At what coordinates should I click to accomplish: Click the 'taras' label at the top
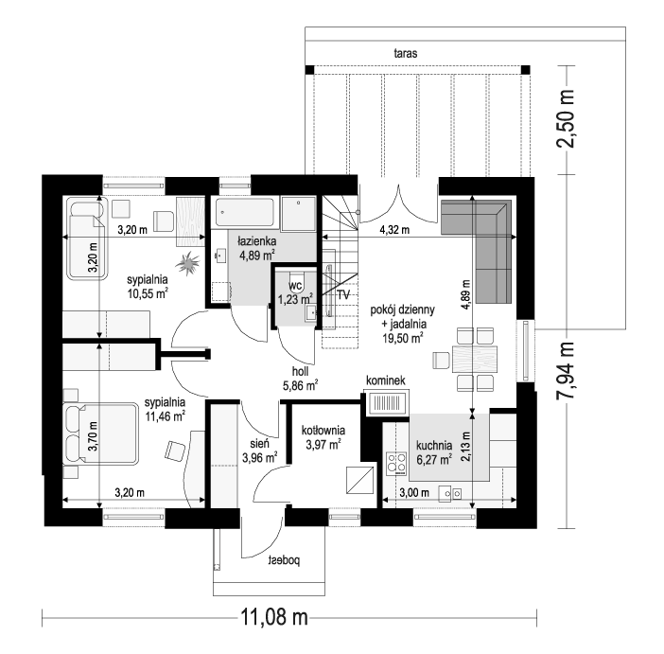[405, 53]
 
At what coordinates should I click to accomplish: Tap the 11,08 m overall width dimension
[274, 617]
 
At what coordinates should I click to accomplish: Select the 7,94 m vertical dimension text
[566, 370]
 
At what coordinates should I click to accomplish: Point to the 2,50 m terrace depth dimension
[566, 118]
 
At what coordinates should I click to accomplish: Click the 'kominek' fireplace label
[385, 380]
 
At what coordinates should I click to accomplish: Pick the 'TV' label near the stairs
[343, 294]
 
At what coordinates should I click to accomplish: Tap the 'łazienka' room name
[257, 241]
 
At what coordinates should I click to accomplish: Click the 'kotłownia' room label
[323, 431]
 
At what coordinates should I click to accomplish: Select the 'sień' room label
[259, 444]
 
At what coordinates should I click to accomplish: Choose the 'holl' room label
[300, 371]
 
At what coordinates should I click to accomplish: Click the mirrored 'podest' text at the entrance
[284, 560]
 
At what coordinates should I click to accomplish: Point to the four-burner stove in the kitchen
[396, 462]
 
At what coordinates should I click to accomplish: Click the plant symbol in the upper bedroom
[187, 264]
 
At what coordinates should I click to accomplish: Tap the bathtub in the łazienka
[245, 212]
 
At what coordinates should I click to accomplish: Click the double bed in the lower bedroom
[101, 434]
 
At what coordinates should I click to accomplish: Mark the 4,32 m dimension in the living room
[394, 230]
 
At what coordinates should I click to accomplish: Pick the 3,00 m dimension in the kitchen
[414, 492]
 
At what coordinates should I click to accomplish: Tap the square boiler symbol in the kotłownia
[360, 480]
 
